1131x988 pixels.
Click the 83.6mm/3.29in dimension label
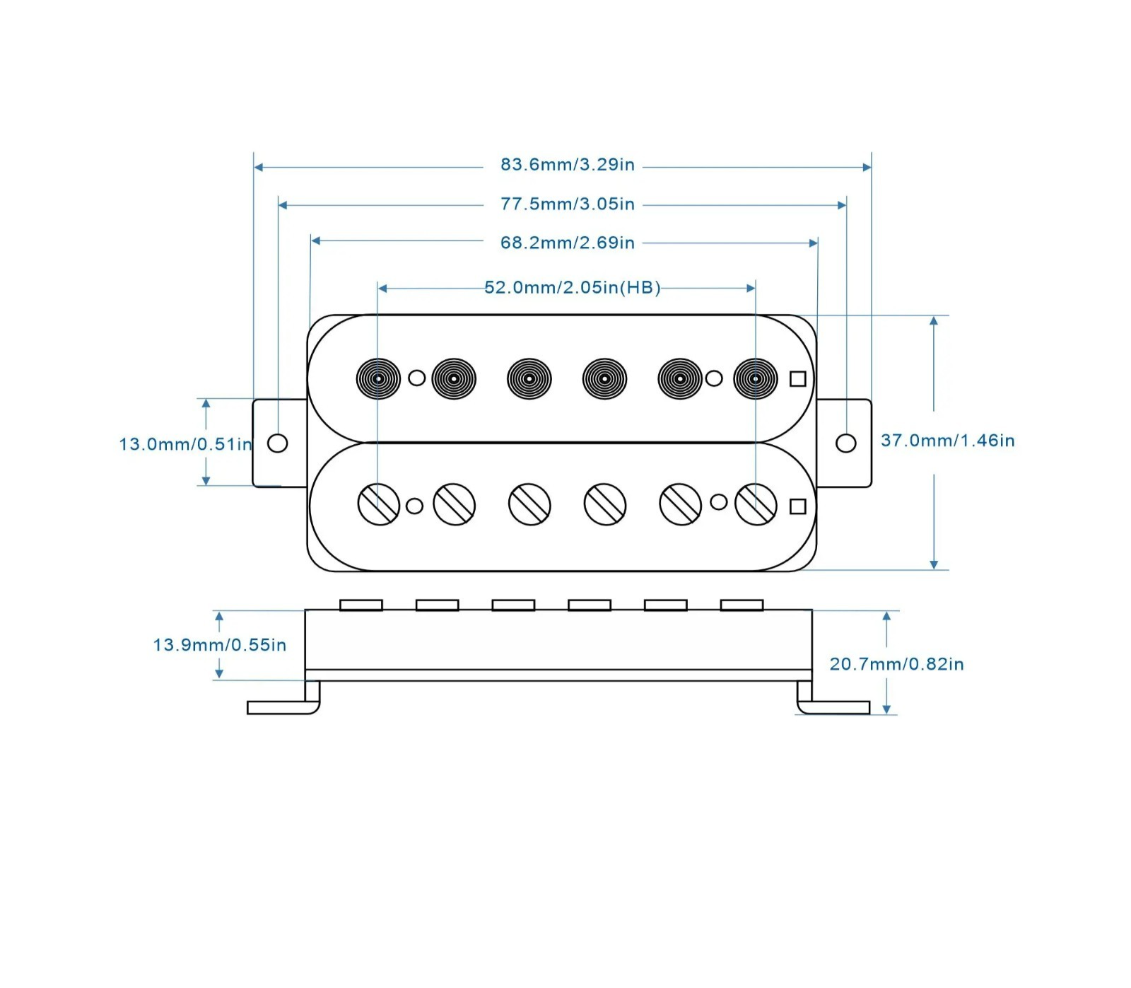click(x=568, y=165)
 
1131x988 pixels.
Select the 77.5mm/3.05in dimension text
click(x=568, y=204)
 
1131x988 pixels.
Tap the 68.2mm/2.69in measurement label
click(x=568, y=243)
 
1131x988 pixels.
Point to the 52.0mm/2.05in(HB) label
click(x=573, y=288)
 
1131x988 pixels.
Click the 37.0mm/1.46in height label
click(x=948, y=441)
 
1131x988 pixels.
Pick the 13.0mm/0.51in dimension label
click(x=186, y=444)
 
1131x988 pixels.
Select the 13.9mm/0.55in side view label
click(x=220, y=645)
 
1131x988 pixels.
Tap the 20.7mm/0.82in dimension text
click(x=897, y=664)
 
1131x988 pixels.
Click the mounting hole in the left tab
click(x=278, y=443)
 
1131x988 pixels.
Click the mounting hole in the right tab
click(x=846, y=443)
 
